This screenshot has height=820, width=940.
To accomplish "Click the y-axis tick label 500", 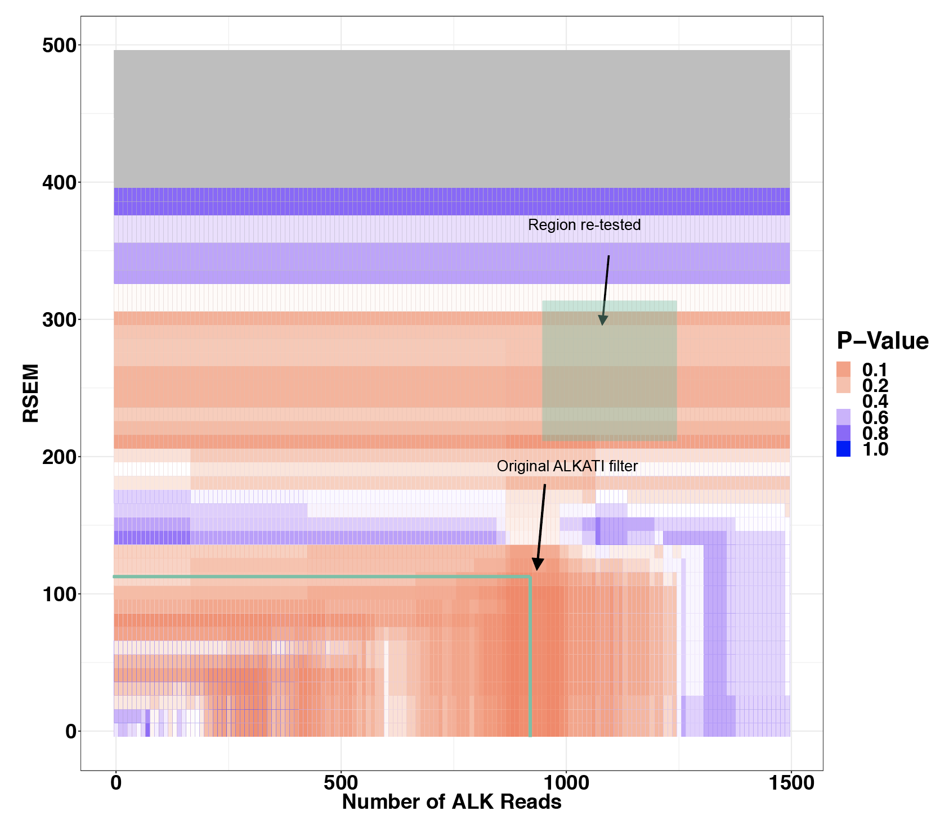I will tap(59, 46).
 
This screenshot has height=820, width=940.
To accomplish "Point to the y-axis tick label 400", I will tap(59, 183).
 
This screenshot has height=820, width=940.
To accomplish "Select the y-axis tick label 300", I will tap(59, 320).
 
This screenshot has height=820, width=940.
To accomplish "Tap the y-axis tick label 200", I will tap(59, 457).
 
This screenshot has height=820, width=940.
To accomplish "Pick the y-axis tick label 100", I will tap(59, 594).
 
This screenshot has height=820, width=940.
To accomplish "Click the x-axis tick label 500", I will tap(341, 783).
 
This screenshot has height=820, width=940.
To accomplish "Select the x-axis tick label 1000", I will tap(565, 783).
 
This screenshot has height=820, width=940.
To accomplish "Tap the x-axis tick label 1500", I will tap(790, 783).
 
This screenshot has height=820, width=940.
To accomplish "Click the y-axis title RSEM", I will tap(31, 393).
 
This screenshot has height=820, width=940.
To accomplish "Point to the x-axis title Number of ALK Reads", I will tap(451, 802).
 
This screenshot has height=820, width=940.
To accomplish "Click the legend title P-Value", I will tap(882, 341).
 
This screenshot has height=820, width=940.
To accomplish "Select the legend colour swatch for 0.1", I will tap(843, 370).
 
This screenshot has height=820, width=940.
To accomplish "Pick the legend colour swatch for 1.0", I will tap(843, 449).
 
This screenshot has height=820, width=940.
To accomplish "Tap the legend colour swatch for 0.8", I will tap(843, 433).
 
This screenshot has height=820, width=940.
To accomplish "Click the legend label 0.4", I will tap(875, 402).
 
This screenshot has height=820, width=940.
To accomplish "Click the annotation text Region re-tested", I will tap(584, 225).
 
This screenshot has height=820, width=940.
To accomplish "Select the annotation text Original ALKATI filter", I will tap(567, 466).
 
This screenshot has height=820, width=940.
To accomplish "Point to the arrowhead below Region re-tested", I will tap(602, 321).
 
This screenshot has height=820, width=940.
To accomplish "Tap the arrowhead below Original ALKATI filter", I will tap(538, 565).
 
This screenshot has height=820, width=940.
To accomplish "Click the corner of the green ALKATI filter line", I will tap(530, 577).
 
